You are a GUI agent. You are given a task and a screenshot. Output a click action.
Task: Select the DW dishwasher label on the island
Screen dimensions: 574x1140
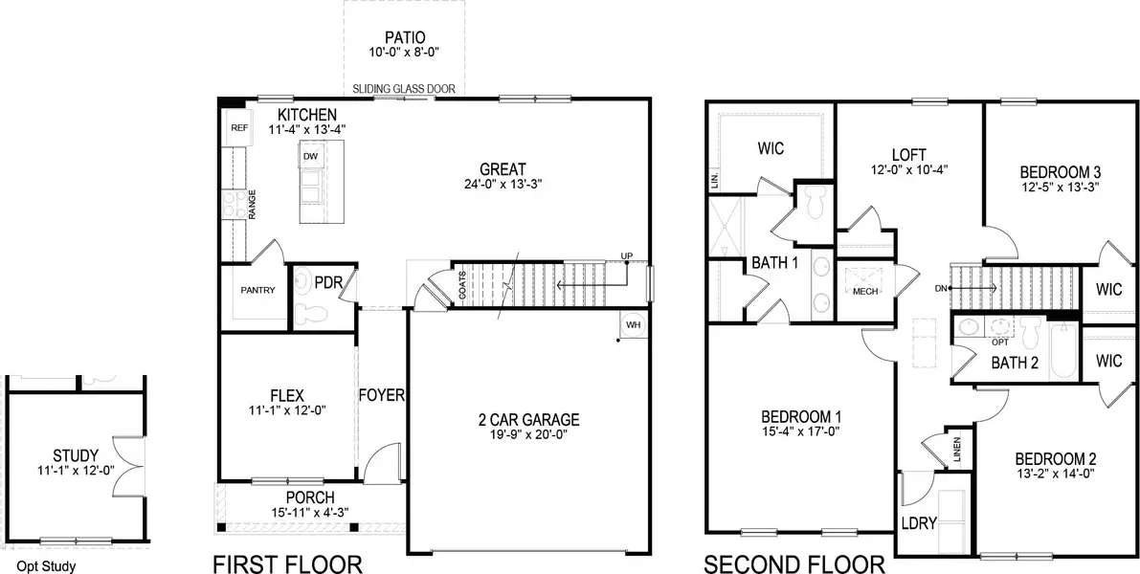310,156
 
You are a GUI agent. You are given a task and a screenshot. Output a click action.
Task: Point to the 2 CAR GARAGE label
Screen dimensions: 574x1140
528,419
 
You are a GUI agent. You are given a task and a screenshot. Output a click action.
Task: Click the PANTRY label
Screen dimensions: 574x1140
257,291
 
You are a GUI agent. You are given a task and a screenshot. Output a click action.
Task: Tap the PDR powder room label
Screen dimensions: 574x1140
328,283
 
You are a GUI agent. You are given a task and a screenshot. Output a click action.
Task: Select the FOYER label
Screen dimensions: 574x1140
382,395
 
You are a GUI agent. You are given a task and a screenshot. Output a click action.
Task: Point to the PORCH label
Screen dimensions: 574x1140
309,497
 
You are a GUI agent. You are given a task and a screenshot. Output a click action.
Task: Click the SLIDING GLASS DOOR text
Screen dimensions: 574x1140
403,89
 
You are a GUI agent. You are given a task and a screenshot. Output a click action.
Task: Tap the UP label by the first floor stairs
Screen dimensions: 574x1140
627,256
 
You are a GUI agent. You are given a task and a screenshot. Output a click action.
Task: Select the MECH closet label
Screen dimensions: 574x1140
865,292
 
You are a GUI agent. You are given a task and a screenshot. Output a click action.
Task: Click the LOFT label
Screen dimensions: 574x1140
909,153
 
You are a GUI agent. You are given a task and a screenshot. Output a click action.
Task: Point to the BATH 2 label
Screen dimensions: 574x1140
1014,363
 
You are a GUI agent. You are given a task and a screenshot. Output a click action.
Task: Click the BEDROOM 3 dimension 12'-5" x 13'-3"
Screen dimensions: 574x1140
1060,188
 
